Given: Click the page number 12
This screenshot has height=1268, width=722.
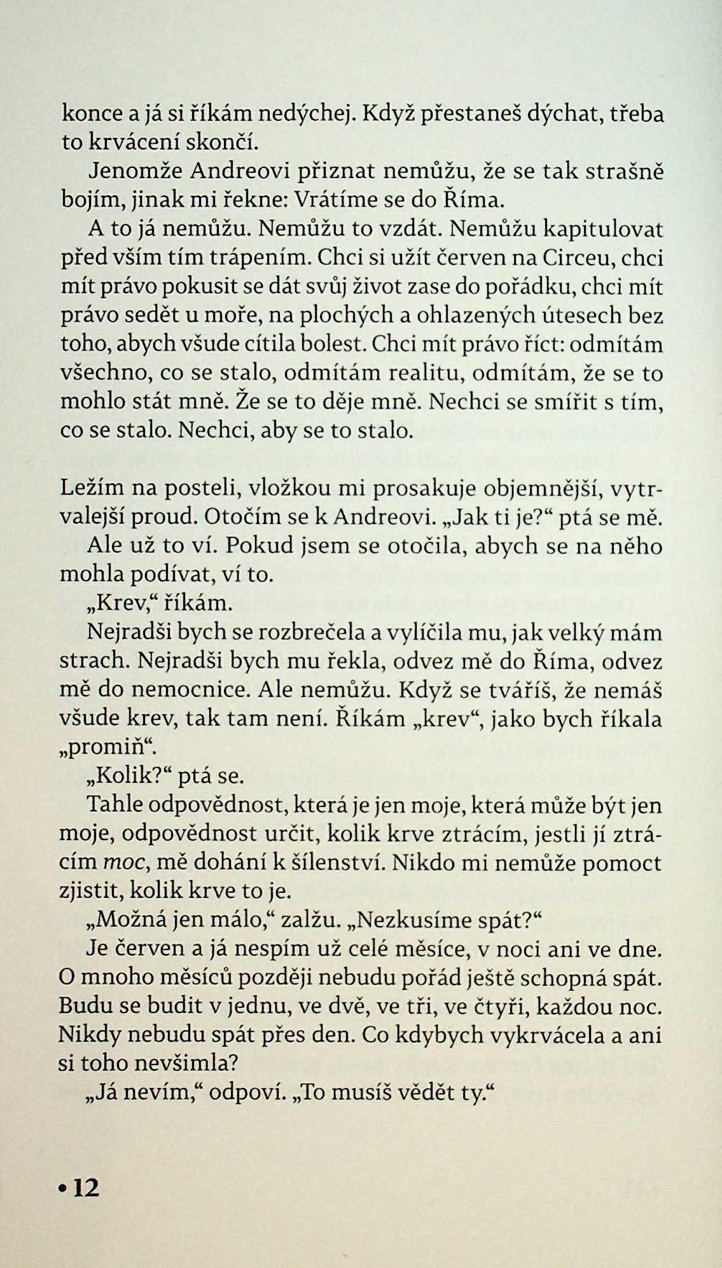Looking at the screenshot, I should click(x=87, y=1188).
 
